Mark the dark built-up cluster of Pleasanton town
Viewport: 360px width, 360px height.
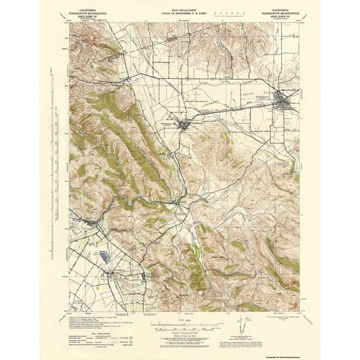pyautogui.click(x=182, y=127)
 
